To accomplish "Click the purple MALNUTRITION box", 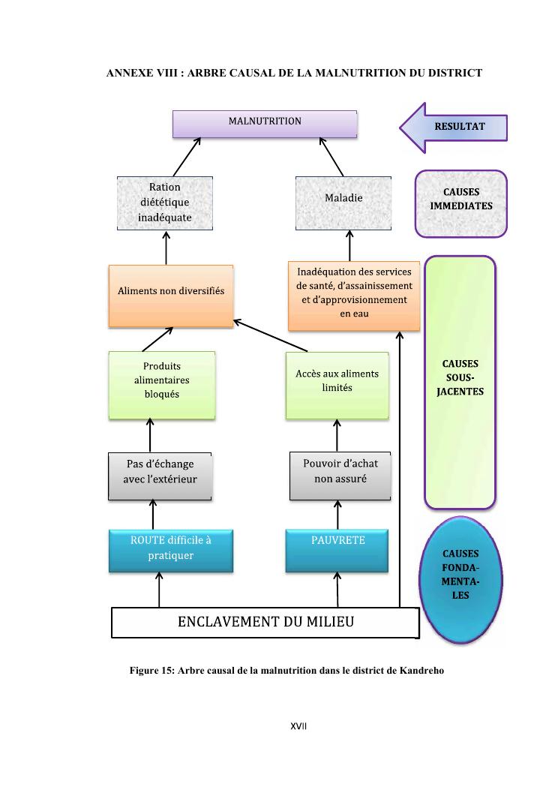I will [265, 124].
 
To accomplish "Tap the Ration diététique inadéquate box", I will [165, 203].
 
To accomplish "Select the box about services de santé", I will [354, 295].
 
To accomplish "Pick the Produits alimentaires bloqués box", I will [161, 384].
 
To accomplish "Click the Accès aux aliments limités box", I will [337, 384].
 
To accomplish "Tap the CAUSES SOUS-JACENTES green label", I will [460, 382].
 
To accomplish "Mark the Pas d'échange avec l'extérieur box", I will [159, 476].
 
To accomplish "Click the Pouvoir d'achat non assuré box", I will [340, 476].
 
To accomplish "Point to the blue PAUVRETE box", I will [337, 550].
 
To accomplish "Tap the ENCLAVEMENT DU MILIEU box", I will [265, 622].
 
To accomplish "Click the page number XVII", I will [300, 727].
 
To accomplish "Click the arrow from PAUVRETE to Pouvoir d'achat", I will [337, 514].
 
